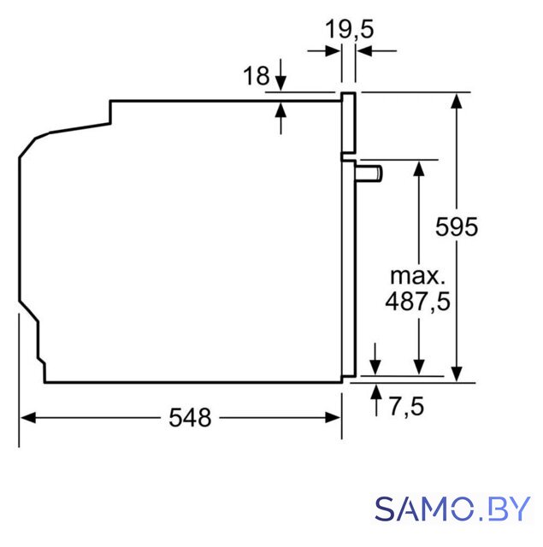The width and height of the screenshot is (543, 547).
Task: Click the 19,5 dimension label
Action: coord(350,29)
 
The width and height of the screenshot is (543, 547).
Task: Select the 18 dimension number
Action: coord(257,76)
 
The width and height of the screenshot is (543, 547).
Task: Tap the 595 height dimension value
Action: coord(457,227)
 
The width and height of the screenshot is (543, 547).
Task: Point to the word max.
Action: coord(417,275)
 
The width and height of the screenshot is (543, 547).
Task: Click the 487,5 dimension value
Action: coord(417,302)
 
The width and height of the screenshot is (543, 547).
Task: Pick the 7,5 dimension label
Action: coord(406,406)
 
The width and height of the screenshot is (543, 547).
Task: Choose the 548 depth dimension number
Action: coord(190,418)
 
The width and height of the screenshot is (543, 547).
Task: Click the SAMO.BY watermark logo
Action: coord(452,509)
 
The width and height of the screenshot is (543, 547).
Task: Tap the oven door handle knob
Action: coord(369,174)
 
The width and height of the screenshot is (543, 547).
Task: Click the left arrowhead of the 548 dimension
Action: coord(28,418)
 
